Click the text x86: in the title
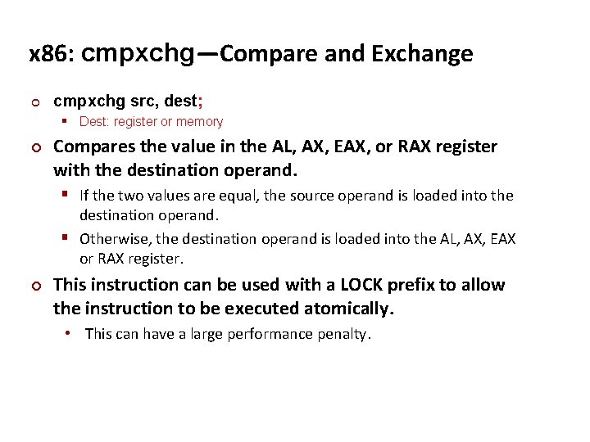52,55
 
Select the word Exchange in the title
422,54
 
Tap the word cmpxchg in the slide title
138,55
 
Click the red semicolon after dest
201,101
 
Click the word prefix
410,285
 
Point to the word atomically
348,309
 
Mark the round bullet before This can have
68,334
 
